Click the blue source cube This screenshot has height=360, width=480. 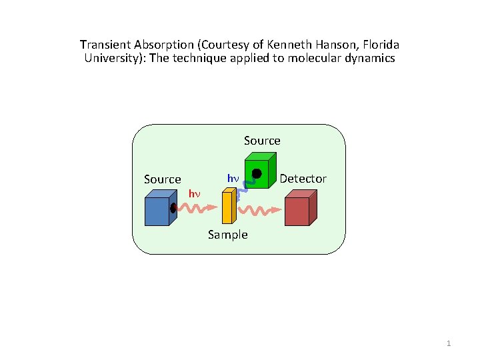click(159, 210)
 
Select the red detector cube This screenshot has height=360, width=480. click(300, 209)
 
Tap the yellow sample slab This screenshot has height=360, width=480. click(228, 207)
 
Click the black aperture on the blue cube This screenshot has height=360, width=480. click(173, 208)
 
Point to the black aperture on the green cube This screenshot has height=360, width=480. click(256, 174)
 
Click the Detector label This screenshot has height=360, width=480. click(303, 179)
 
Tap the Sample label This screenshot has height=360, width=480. click(227, 235)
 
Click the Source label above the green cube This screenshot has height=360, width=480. click(262, 141)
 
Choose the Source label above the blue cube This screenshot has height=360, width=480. click(163, 179)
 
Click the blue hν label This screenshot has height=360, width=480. click(233, 179)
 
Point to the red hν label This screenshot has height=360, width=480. click(194, 194)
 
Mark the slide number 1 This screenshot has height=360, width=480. click(449, 343)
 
